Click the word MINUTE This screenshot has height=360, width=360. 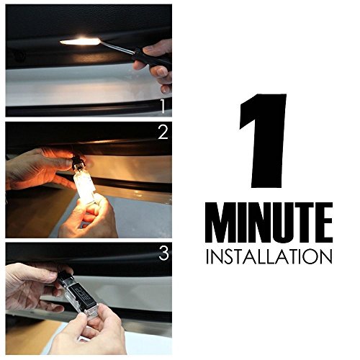269,222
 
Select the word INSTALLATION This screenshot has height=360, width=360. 269,256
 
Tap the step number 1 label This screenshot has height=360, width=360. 163,107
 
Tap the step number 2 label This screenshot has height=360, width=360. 163,132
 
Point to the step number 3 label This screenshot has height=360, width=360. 163,253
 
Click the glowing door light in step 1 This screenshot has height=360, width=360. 81,42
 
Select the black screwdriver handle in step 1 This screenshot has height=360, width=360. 151,58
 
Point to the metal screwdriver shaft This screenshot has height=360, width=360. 117,47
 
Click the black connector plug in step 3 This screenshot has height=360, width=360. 64,279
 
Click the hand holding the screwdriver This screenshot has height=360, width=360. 156,66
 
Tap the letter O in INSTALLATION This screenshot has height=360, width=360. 307,256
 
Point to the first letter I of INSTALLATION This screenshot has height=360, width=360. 207,256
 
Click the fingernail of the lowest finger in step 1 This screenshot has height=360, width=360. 165,89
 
